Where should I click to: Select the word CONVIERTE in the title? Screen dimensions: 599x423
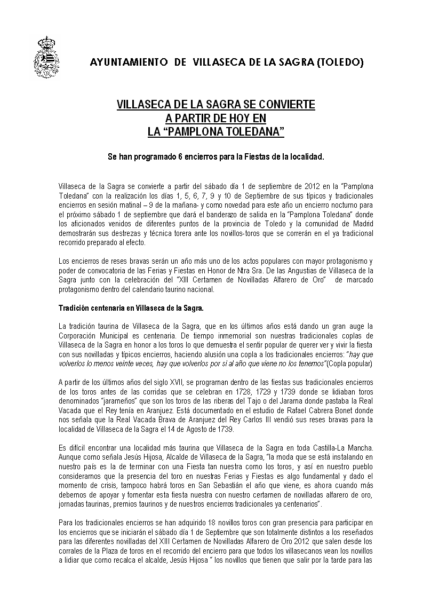coord(288,105)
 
